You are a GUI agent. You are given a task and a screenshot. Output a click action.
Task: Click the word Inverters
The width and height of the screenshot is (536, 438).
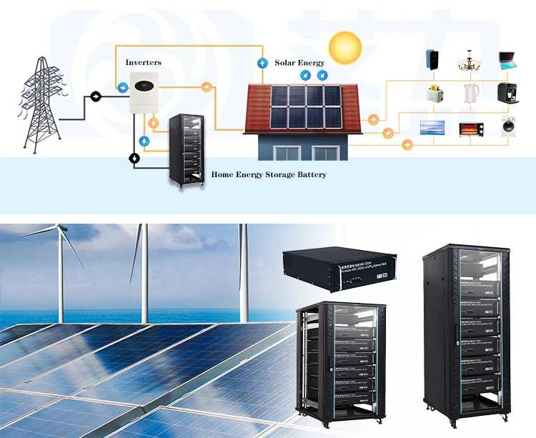(143, 63)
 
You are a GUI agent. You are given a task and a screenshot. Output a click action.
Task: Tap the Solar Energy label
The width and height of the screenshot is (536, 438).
(299, 63)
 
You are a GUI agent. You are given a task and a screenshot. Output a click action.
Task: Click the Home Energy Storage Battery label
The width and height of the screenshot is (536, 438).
(269, 174)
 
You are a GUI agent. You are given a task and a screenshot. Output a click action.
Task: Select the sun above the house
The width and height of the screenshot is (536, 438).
(346, 47)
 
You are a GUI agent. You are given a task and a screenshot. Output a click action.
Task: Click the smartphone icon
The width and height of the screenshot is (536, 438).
(432, 59)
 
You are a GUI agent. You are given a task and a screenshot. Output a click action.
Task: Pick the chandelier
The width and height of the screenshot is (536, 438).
(470, 59)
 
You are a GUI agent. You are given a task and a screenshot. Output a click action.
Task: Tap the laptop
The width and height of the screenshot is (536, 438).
(508, 59)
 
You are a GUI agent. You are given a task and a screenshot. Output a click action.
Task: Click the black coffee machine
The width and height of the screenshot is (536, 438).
(508, 93)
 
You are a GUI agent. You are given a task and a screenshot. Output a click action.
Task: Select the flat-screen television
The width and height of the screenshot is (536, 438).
(432, 129)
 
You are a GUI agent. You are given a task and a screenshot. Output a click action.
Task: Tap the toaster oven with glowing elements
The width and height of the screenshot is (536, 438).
(470, 129)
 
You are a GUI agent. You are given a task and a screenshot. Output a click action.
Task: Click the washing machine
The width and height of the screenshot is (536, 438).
(509, 128)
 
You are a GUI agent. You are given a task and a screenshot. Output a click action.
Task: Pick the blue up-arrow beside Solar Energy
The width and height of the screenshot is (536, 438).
(262, 63)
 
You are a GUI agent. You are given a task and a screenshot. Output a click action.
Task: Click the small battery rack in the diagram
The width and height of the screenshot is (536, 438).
(187, 150)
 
